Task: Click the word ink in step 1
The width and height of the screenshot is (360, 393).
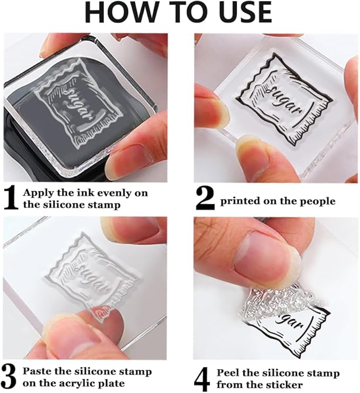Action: (x=75, y=193)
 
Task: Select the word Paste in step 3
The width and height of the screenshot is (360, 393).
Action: (x=38, y=371)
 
